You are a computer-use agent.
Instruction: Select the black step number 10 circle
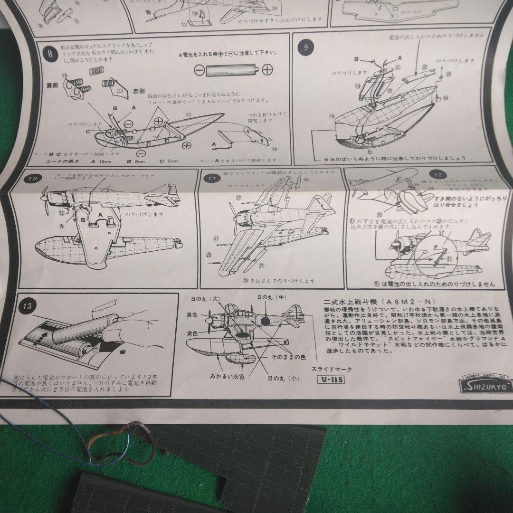point(32,180)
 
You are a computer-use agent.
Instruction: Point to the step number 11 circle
point(211,179)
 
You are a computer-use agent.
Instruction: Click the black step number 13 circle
point(27,306)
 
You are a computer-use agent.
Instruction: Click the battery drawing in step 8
point(232,69)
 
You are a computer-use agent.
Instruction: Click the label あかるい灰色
point(228,376)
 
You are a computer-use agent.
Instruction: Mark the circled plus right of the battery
point(267,70)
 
